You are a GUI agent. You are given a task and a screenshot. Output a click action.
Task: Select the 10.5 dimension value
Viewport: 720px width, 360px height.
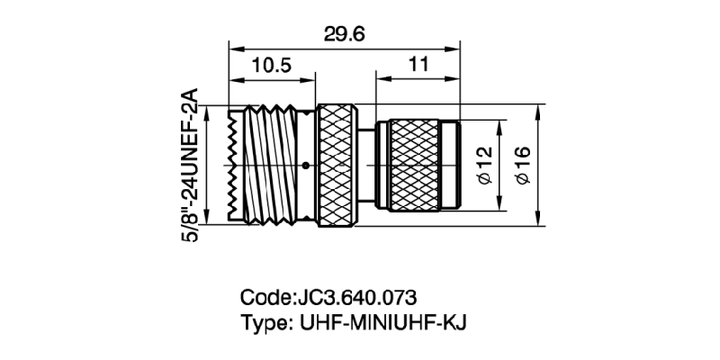point(272,66)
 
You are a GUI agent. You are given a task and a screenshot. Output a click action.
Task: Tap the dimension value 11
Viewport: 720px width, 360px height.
point(417,66)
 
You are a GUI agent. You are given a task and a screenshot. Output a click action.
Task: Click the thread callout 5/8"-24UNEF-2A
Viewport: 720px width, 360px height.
point(190,166)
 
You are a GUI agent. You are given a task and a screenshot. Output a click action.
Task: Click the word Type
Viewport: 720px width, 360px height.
point(261,321)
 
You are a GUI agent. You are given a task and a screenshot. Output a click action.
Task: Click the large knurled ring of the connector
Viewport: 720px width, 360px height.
point(338,166)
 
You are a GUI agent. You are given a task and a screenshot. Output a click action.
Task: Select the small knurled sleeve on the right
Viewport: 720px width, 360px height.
point(414,166)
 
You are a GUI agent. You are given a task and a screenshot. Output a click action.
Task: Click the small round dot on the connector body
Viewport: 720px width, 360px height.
point(308,166)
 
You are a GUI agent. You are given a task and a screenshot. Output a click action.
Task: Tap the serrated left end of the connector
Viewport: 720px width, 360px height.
point(235,166)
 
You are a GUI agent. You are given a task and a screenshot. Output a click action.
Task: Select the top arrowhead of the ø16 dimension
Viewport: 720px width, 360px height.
point(538,109)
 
